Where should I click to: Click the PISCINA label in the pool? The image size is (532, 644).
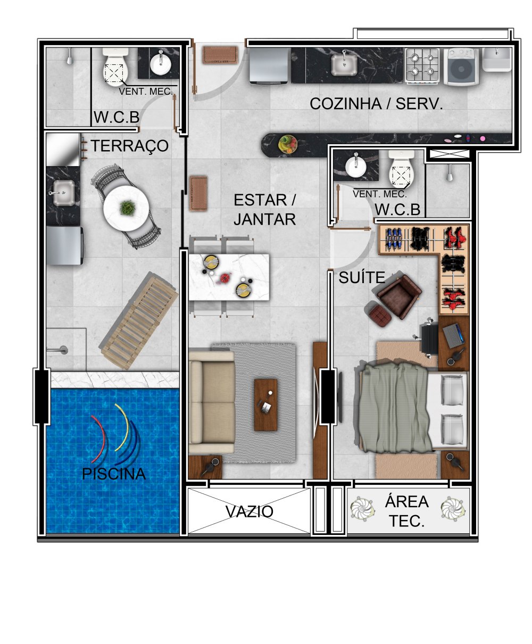(114, 474)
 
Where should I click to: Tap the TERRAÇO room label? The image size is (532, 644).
(129, 146)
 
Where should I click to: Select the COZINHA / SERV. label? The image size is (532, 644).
(376, 104)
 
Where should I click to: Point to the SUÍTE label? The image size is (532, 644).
(362, 277)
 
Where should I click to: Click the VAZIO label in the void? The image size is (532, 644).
(249, 511)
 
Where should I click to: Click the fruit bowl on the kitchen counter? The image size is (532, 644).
(287, 144)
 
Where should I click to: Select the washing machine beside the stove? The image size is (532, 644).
(461, 67)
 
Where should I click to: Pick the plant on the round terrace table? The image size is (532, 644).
(127, 208)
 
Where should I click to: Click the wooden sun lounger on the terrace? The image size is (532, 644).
(139, 321)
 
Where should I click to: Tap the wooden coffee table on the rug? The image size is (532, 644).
(265, 404)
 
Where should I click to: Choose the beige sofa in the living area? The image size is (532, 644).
(212, 402)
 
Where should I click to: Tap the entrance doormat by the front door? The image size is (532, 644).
(220, 55)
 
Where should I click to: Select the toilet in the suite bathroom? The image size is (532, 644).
(401, 170)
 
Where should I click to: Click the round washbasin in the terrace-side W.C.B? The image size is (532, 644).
(160, 64)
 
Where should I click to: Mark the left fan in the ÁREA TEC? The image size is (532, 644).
(362, 509)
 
